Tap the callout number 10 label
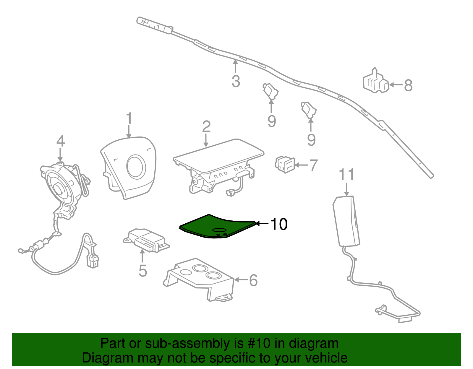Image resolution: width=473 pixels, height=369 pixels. (x=278, y=224)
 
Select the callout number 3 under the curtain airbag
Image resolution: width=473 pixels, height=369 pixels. (x=236, y=81)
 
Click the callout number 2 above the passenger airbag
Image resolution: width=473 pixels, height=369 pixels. (x=206, y=126)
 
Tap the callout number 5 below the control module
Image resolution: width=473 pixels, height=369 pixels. (x=142, y=271)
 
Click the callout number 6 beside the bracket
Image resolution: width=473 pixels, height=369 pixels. (x=253, y=280)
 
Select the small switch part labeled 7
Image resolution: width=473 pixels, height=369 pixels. (x=285, y=165)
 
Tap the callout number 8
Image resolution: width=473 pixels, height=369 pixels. (x=408, y=85)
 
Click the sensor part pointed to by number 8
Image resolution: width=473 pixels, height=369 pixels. (x=375, y=82)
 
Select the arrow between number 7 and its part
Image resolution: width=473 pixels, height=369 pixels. (x=302, y=165)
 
